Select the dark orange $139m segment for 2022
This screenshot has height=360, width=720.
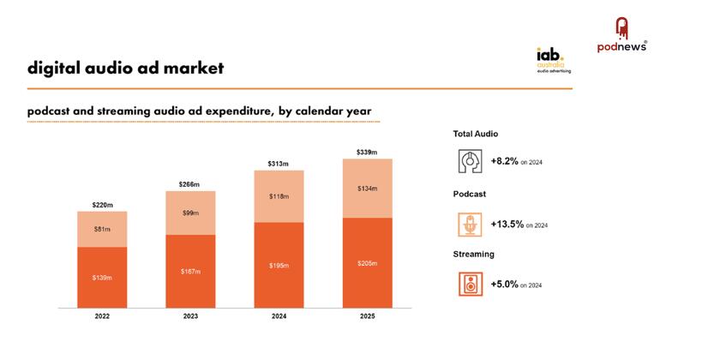click(x=102, y=278)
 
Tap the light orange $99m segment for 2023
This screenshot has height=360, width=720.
click(x=190, y=213)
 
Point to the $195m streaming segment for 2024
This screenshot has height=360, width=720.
click(x=279, y=265)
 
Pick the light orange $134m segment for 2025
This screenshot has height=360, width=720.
click(x=367, y=189)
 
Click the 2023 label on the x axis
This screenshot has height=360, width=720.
click(x=190, y=316)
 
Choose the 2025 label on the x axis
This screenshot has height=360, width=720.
click(x=367, y=316)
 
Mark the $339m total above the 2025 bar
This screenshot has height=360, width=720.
click(x=367, y=153)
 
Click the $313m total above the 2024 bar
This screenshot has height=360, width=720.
click(x=279, y=164)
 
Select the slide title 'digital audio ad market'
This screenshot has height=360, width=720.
click(x=125, y=68)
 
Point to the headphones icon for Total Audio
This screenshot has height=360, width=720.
click(x=469, y=160)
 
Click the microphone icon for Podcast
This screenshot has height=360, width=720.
click(x=469, y=224)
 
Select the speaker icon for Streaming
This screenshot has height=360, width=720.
click(x=469, y=284)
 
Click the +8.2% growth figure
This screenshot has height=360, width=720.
click(x=504, y=161)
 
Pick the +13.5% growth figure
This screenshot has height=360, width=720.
click(x=506, y=225)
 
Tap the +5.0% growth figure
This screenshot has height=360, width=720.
click(x=504, y=285)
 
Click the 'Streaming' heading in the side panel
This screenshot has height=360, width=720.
click(x=473, y=255)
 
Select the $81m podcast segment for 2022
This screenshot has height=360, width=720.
click(x=102, y=229)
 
